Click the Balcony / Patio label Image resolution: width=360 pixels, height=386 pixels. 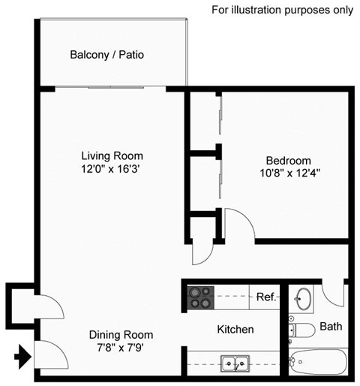coord(106,55)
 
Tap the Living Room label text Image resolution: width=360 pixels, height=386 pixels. coord(112,156)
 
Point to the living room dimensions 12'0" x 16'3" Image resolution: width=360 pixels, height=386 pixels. coord(112,170)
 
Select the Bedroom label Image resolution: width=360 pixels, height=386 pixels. coord(289,161)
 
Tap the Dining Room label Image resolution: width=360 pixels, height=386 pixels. coord(121,335)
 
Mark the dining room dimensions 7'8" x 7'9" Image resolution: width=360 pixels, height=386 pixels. coord(121,348)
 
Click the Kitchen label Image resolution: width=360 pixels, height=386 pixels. coord(235,329)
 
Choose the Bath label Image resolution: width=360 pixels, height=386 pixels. coord(331,327)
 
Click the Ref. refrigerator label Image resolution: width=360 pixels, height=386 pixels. coord(265,297)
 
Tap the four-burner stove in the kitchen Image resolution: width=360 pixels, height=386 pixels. coord(200,297)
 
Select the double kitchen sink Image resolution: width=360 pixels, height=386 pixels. coord(235,364)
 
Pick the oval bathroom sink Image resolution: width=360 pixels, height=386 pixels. coord(304,298)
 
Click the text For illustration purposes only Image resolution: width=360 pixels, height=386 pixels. coord(282,10)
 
